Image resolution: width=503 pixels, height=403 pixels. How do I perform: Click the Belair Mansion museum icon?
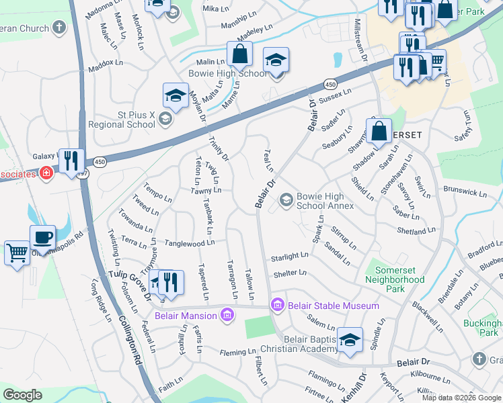227,315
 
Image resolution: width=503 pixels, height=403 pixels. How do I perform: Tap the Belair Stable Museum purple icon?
277,306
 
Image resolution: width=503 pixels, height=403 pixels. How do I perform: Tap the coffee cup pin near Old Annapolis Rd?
42,237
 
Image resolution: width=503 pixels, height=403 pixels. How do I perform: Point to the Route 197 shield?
82,173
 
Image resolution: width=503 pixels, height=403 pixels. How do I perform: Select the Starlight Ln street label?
289,257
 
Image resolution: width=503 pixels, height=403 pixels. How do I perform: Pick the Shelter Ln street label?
290,273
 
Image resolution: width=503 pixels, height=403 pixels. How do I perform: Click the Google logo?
22,394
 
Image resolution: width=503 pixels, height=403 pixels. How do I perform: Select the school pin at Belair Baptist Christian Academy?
350,340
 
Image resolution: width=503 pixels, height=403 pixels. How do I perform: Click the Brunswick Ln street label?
464,193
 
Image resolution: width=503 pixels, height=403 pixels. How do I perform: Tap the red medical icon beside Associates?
46,174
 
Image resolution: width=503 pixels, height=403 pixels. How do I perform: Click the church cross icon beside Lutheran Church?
60,28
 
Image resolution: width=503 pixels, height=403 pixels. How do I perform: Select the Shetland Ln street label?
416,231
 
